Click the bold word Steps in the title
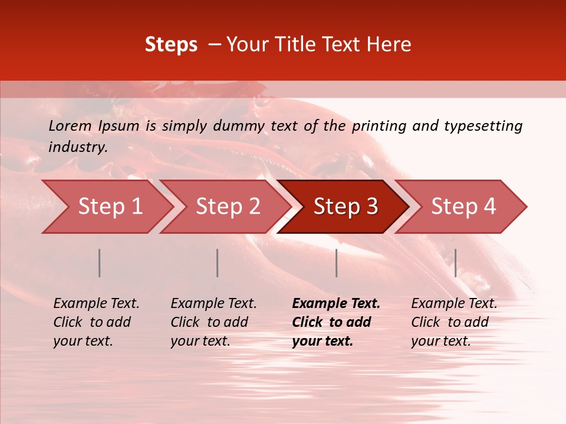171,45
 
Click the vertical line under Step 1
100,263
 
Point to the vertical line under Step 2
218,263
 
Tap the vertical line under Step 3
337,263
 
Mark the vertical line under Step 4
455,263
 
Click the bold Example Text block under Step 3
336,322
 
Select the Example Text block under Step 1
96,322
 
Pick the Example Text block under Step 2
213,322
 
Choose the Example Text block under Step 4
454,322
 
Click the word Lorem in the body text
70,125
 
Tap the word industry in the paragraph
78,147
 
